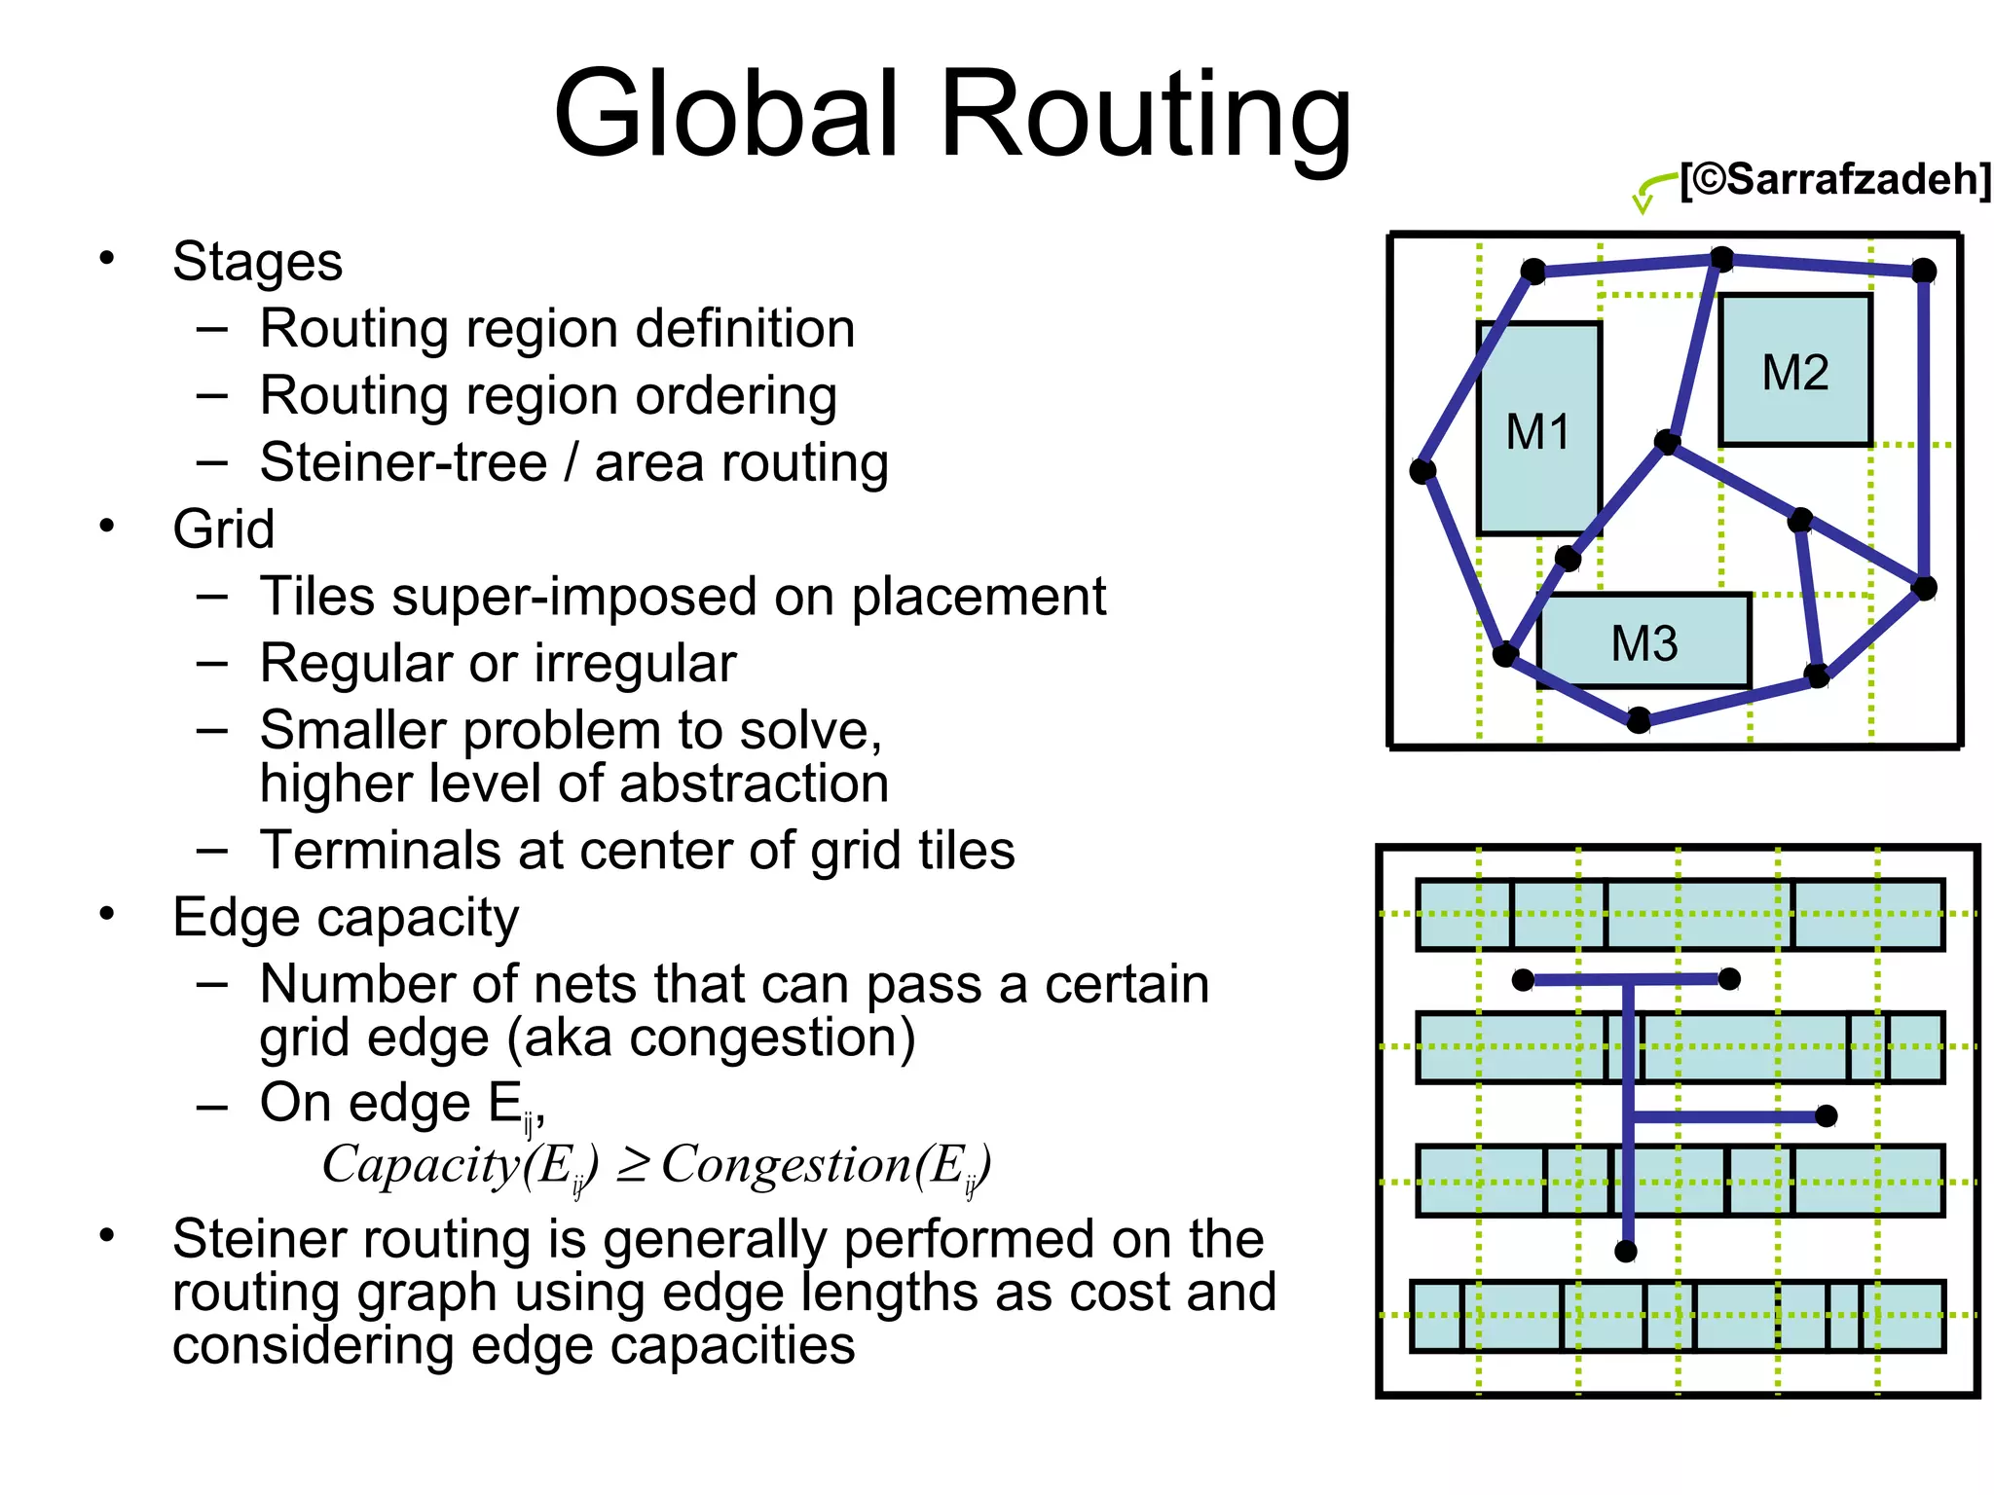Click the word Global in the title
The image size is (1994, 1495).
[x=725, y=115]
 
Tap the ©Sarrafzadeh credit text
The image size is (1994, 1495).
[x=1835, y=180]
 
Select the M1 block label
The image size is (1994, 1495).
[x=1537, y=432]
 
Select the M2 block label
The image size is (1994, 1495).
[x=1795, y=373]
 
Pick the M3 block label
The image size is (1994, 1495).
[x=1644, y=643]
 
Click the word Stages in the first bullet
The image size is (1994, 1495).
[x=257, y=262]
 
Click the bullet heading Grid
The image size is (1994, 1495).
[x=223, y=529]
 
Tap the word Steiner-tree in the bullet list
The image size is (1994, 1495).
[x=403, y=462]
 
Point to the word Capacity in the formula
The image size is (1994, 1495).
[x=421, y=1164]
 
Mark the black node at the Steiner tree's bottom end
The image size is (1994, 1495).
[x=1626, y=1252]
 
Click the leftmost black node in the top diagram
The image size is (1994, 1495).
[x=1422, y=472]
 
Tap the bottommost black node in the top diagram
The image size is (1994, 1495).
[x=1639, y=720]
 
